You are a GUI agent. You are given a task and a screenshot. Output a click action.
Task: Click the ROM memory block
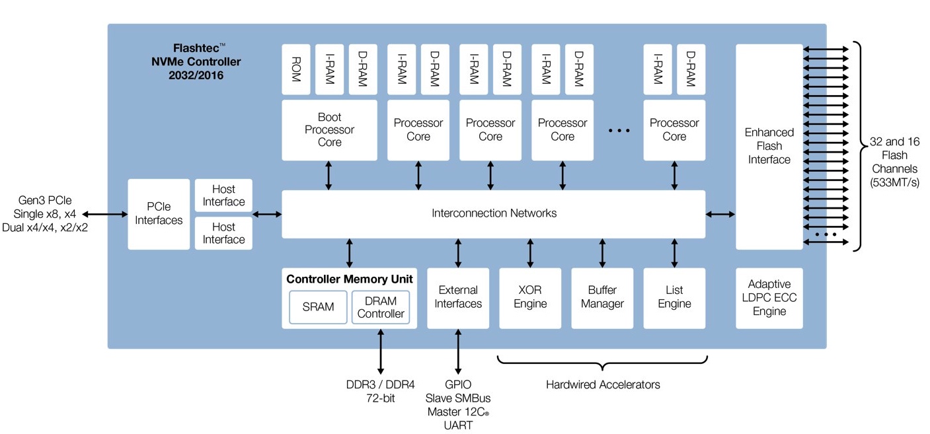296,69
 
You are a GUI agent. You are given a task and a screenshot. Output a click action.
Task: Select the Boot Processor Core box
330,130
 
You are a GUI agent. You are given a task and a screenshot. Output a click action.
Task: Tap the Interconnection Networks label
494,213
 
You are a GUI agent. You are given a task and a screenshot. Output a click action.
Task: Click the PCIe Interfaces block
159,214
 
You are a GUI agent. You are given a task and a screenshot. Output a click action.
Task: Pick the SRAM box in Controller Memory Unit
318,307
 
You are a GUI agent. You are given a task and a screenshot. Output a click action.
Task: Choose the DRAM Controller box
381,307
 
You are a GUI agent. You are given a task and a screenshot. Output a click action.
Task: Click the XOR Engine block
530,299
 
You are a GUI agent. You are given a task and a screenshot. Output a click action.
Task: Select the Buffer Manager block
602,299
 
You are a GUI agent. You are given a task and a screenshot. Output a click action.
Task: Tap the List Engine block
674,299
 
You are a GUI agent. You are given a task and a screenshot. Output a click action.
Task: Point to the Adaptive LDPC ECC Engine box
769,299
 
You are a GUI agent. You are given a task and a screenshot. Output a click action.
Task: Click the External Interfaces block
458,299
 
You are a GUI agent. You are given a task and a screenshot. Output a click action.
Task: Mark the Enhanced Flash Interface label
769,146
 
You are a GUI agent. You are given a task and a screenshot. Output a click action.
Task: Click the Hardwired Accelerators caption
603,384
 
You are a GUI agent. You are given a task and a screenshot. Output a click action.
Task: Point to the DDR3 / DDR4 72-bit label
380,391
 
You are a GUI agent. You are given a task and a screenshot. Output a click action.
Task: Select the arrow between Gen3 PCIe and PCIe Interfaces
105,214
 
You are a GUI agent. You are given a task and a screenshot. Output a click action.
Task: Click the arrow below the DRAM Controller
381,351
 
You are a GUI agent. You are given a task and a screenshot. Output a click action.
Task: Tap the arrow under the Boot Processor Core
329,176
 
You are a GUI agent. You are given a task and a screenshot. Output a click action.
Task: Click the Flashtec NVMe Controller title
196,61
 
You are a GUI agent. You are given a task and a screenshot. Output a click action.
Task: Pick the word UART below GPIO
458,425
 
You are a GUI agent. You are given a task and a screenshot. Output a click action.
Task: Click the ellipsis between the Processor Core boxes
619,131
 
